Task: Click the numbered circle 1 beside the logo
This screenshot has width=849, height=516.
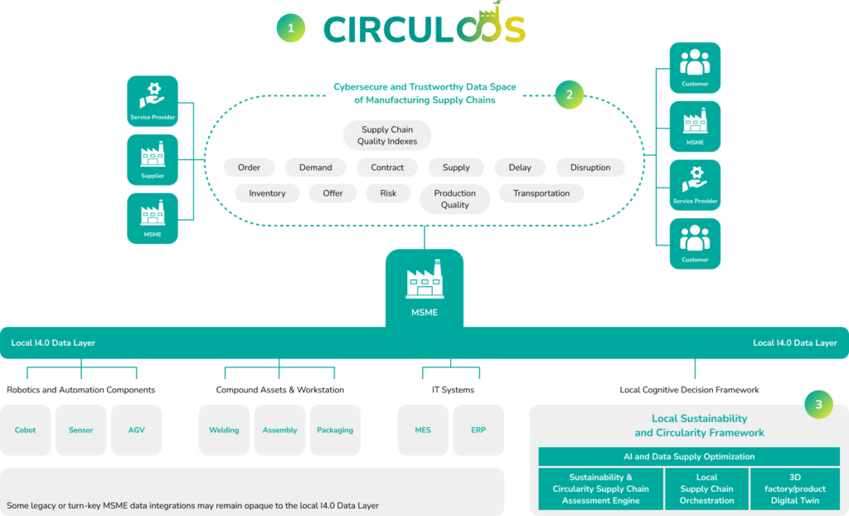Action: click(x=291, y=28)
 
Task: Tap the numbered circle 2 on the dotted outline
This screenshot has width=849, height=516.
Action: click(x=569, y=95)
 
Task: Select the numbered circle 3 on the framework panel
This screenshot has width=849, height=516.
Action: click(x=818, y=404)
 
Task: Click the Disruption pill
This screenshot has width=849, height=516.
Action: click(x=590, y=168)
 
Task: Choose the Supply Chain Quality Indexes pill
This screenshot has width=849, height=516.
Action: click(x=387, y=135)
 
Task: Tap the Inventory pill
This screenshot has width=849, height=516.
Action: click(x=267, y=193)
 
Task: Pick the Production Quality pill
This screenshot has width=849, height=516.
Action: click(x=454, y=199)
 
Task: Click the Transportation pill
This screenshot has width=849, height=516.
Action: click(x=541, y=193)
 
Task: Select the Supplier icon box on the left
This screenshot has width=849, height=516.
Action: click(x=153, y=159)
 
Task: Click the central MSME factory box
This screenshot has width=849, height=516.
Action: click(x=424, y=287)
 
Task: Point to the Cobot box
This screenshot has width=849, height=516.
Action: click(x=26, y=430)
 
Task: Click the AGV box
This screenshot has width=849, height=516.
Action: click(x=136, y=430)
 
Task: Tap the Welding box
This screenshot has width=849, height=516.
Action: click(x=224, y=430)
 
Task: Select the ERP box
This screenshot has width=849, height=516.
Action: click(x=478, y=430)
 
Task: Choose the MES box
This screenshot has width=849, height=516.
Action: click(x=423, y=430)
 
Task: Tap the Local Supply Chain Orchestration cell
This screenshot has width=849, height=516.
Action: click(x=706, y=489)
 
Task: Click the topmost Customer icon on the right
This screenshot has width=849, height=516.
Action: click(x=695, y=67)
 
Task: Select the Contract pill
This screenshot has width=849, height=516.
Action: click(x=387, y=168)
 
